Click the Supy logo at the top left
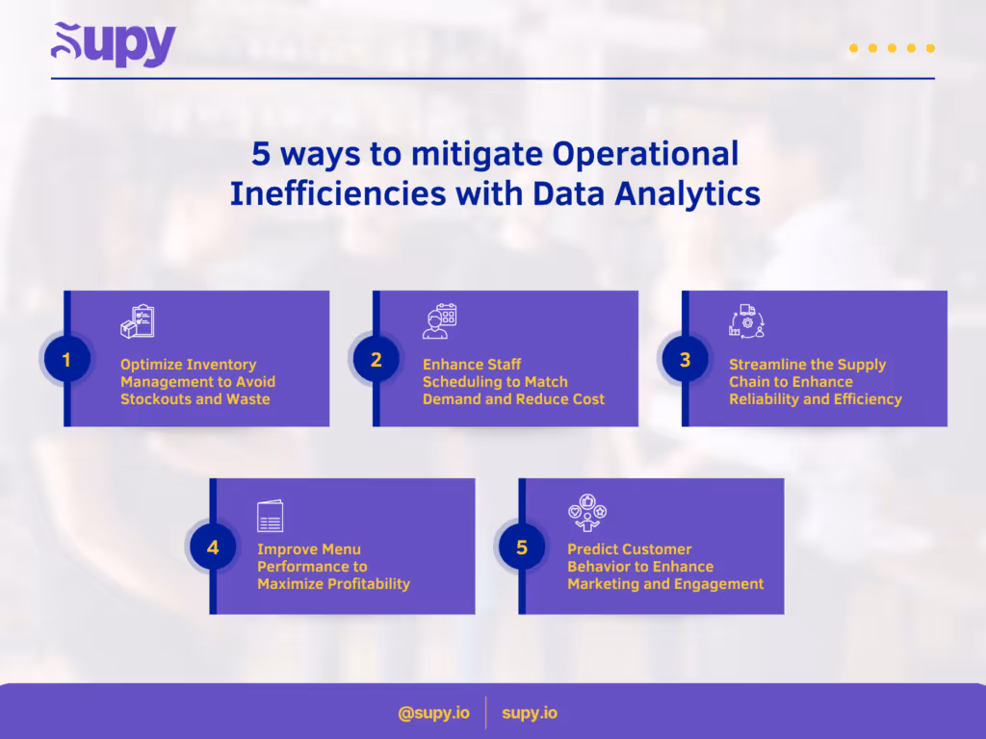click(x=114, y=44)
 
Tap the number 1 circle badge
click(x=66, y=360)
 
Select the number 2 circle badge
click(x=376, y=360)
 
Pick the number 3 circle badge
click(x=685, y=360)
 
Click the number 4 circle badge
click(x=213, y=548)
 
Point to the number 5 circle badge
click(x=522, y=548)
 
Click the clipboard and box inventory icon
click(x=137, y=322)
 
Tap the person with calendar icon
click(x=439, y=322)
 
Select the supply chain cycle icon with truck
click(x=746, y=321)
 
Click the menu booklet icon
click(x=271, y=517)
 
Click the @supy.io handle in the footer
click(x=433, y=713)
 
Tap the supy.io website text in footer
click(x=530, y=713)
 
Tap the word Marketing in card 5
click(x=605, y=583)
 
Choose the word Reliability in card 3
click(x=766, y=398)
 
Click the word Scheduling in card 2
click(x=460, y=381)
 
